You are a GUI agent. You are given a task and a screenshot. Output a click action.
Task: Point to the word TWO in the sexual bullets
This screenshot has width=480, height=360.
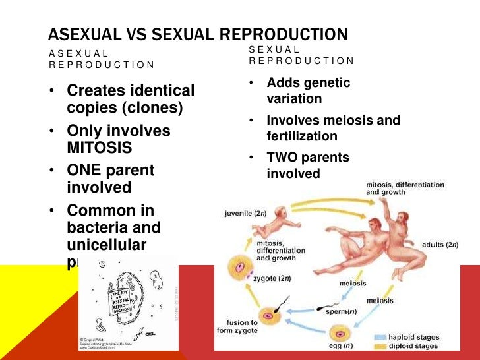(x=283, y=158)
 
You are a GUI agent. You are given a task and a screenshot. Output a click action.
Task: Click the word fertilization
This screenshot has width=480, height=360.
(x=302, y=136)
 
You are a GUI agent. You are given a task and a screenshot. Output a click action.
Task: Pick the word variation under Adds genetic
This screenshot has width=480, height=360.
(x=294, y=99)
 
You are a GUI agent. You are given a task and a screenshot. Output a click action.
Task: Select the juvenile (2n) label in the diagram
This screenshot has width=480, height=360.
(x=245, y=214)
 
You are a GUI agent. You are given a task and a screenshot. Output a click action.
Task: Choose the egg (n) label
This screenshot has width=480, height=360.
(x=321, y=345)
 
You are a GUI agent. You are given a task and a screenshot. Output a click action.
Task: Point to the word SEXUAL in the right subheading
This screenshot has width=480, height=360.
(x=274, y=49)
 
